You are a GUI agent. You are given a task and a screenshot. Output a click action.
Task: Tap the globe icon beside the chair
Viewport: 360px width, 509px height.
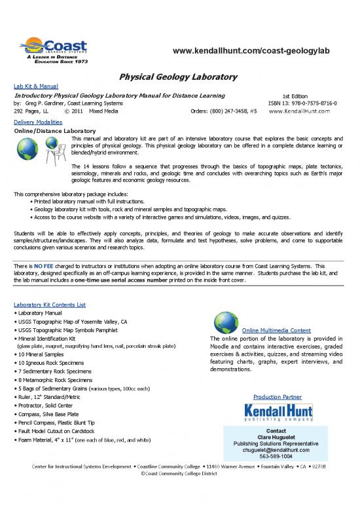click(29, 150)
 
